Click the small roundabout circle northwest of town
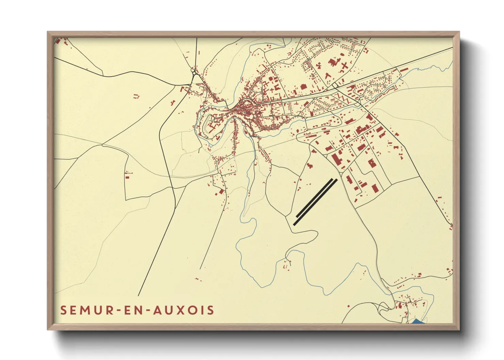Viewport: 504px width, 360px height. pyautogui.click(x=194, y=72)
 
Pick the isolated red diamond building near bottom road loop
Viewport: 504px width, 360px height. pyautogui.click(x=310, y=166)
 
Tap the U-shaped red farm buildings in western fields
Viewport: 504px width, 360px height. pyautogui.click(x=137, y=96)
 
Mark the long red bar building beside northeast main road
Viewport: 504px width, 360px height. pyautogui.click(x=404, y=70)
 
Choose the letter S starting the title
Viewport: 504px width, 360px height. pyautogui.click(x=64, y=310)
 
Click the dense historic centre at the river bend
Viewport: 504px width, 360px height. pyautogui.click(x=246, y=108)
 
